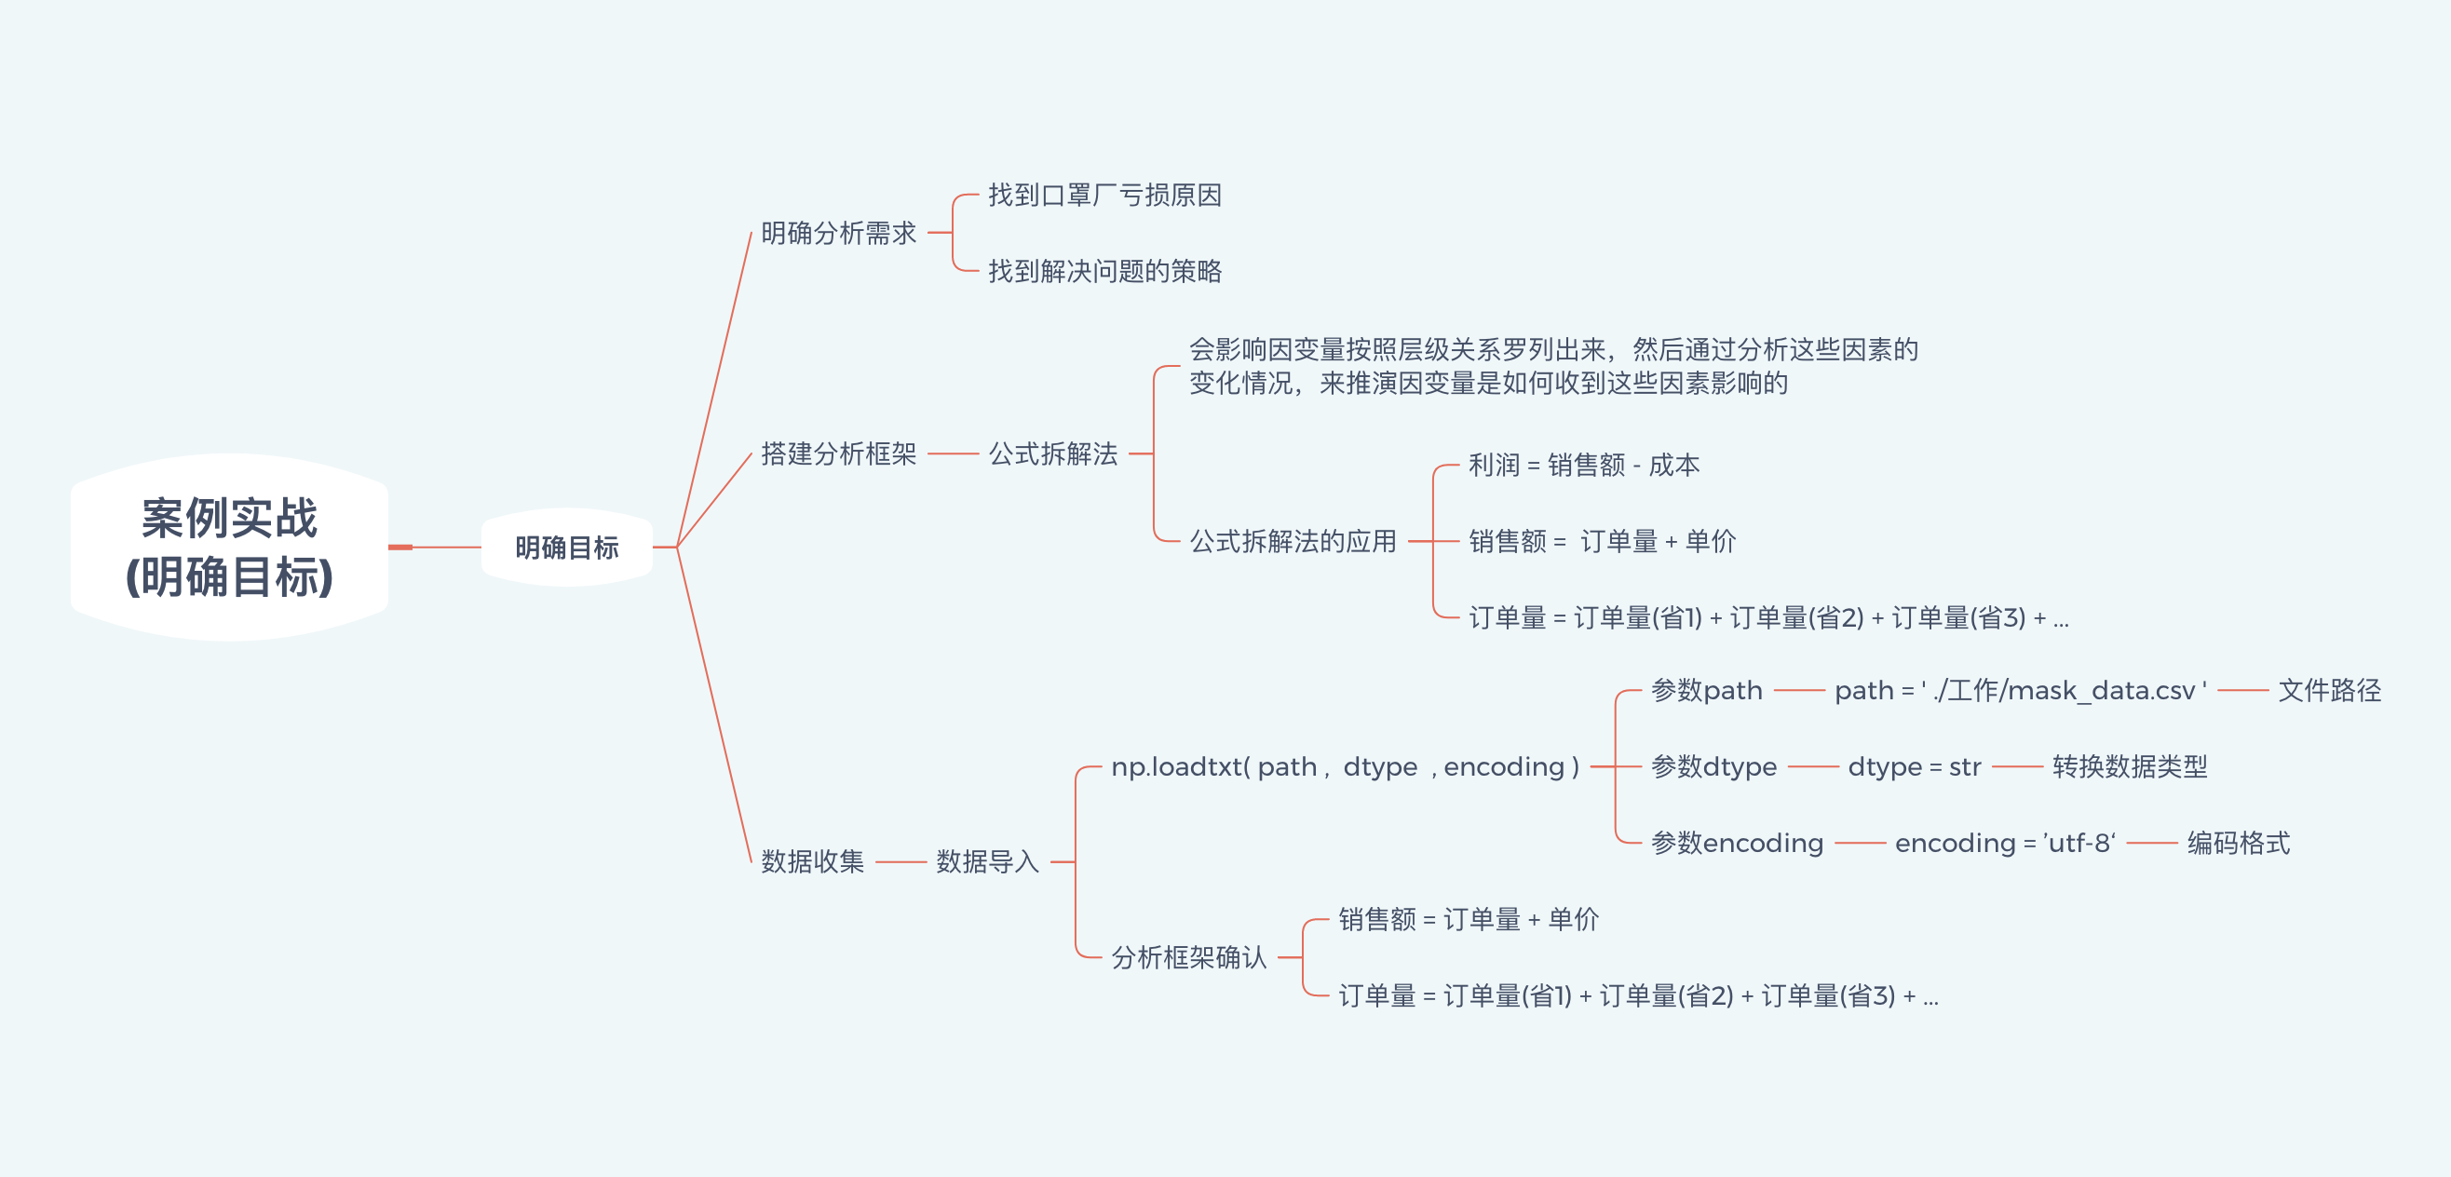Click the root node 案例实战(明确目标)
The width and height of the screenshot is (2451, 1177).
point(229,548)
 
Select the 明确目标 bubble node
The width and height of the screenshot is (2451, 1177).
point(566,548)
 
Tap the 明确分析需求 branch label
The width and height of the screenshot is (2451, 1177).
point(838,233)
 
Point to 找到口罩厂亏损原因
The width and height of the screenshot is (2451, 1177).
point(1104,195)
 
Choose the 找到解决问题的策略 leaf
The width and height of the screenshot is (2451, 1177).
point(1104,271)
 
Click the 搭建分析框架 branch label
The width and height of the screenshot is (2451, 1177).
point(838,453)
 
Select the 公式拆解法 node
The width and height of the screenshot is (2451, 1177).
point(1052,453)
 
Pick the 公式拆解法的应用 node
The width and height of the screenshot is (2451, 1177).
point(1293,541)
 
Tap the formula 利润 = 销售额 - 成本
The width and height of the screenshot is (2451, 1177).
point(1583,466)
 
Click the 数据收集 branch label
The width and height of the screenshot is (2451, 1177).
point(812,861)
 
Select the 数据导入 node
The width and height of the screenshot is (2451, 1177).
point(987,861)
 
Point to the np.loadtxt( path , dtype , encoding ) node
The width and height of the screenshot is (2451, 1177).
point(1345,767)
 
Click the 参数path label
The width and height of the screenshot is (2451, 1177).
point(1706,690)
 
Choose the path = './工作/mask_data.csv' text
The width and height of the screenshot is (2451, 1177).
point(2019,690)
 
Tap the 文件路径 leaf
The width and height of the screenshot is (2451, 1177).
point(2328,690)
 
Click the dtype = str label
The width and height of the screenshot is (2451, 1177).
point(1914,767)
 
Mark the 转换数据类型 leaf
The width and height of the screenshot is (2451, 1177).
point(2129,767)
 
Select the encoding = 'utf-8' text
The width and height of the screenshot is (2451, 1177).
point(2005,843)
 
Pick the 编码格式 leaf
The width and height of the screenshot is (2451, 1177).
point(2238,843)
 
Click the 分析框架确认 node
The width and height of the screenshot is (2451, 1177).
point(1188,957)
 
